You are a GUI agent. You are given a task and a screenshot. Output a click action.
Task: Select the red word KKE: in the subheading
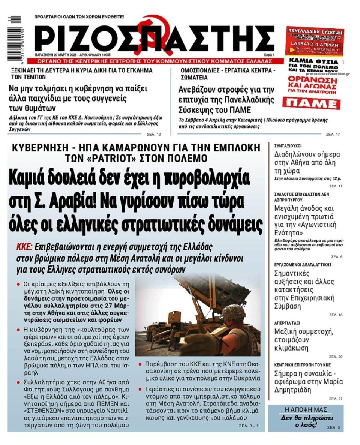coord(24,247)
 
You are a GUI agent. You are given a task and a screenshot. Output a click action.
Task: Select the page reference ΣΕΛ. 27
coord(336,399)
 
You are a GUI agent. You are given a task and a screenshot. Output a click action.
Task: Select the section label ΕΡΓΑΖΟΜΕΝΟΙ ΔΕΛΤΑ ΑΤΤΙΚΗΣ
coord(303,264)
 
